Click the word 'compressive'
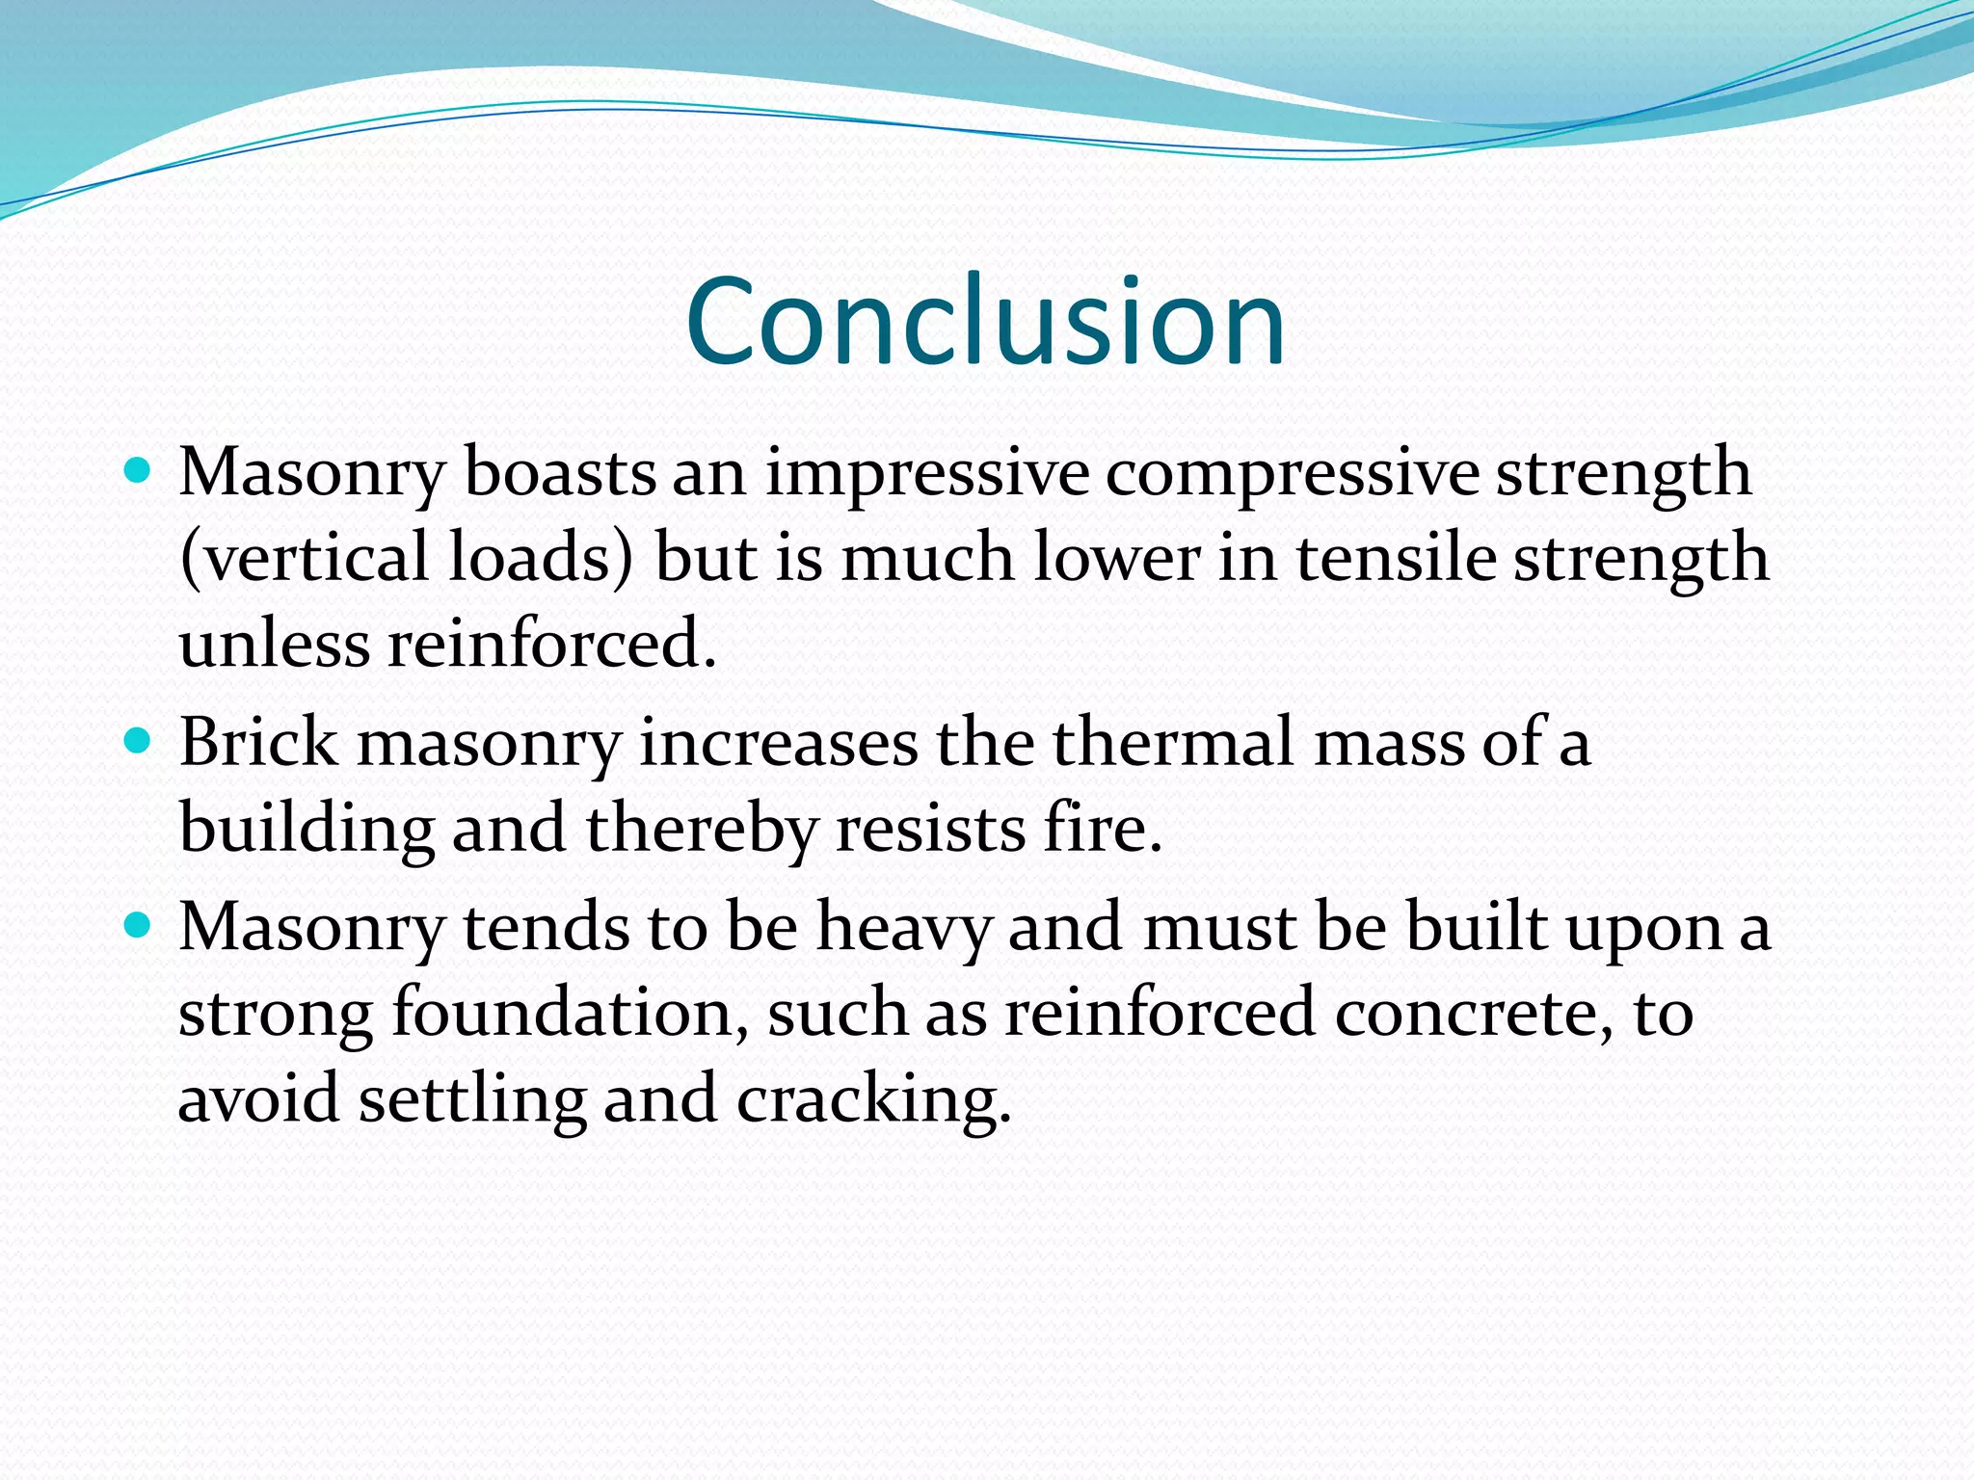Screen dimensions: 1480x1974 (1292, 473)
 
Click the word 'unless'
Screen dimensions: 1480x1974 (275, 643)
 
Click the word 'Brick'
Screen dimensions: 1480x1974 (258, 743)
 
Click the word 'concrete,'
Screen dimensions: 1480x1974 (1475, 1013)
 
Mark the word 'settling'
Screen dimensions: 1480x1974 (473, 1099)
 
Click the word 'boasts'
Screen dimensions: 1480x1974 (560, 473)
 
